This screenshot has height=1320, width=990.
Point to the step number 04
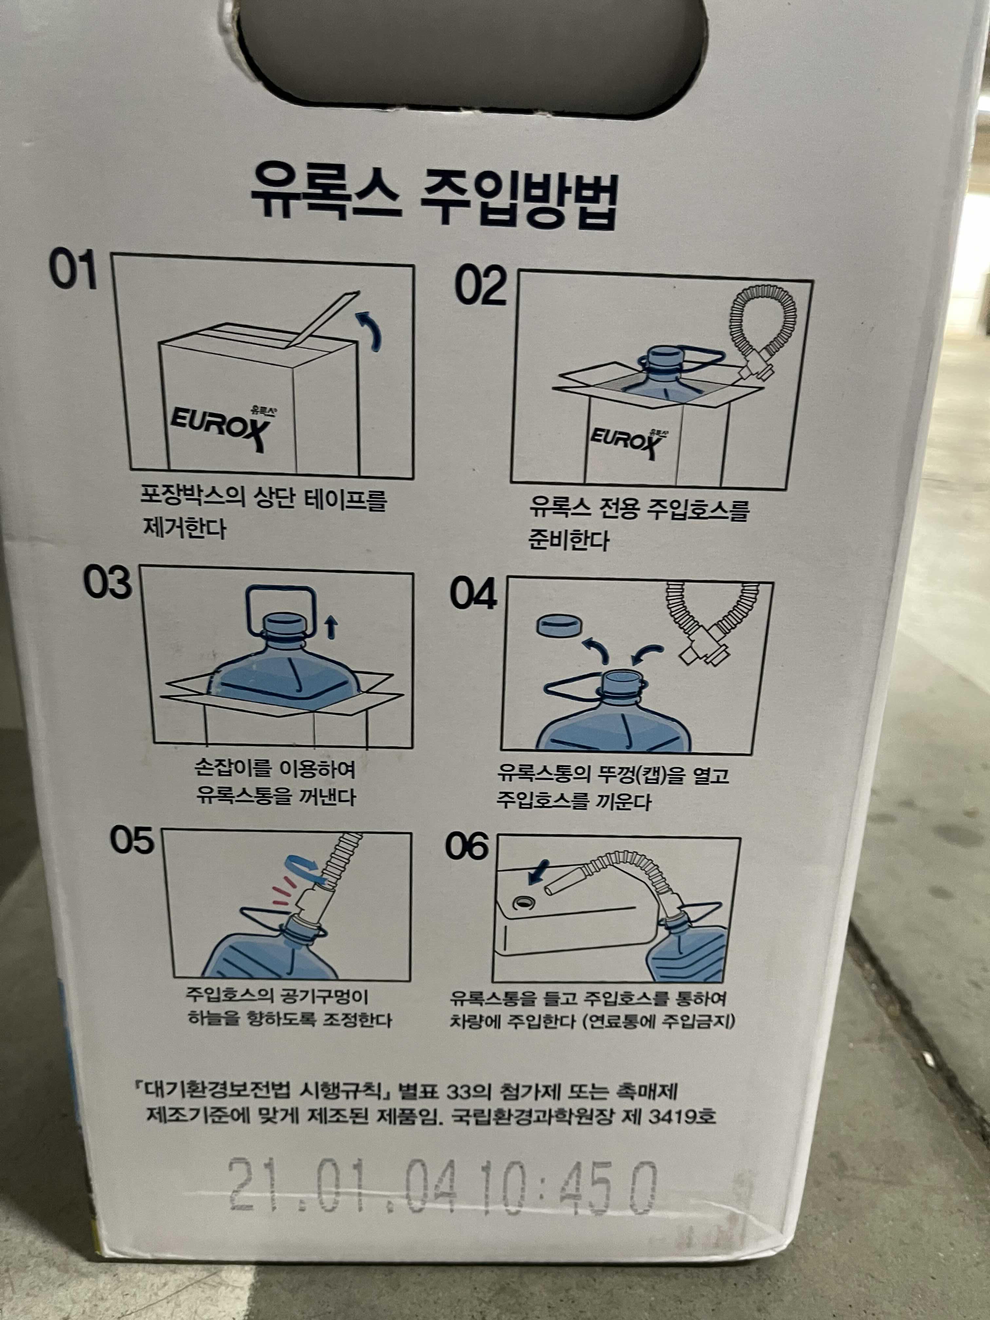[x=473, y=594]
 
